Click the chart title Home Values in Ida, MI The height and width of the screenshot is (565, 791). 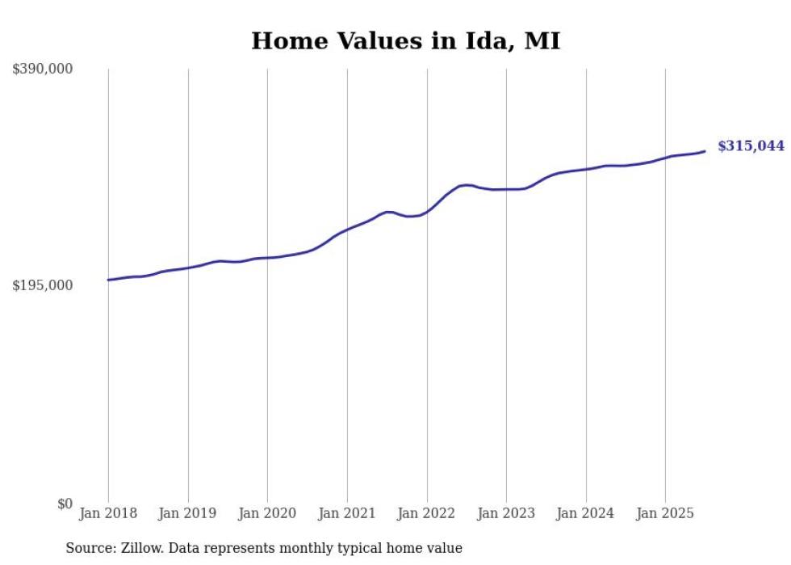click(405, 40)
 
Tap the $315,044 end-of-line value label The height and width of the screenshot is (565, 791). click(751, 146)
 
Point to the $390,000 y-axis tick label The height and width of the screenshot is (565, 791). click(42, 69)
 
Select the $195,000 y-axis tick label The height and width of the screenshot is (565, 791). click(42, 285)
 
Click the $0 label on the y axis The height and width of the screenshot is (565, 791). click(65, 504)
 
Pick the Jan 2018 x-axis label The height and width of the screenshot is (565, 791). click(108, 513)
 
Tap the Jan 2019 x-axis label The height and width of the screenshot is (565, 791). click(188, 513)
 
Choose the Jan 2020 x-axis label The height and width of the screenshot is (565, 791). click(267, 513)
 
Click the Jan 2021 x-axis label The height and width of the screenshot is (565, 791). click(347, 513)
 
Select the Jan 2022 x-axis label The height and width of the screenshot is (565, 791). click(427, 513)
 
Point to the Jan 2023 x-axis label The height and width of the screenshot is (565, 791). click(506, 513)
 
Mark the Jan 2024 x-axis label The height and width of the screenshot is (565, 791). click(586, 513)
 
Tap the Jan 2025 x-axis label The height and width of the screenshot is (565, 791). click(665, 513)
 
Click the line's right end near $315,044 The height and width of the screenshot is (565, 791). click(705, 151)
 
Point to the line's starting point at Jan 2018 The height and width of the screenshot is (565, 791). click(108, 280)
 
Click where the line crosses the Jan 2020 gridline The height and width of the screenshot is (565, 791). click(267, 258)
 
